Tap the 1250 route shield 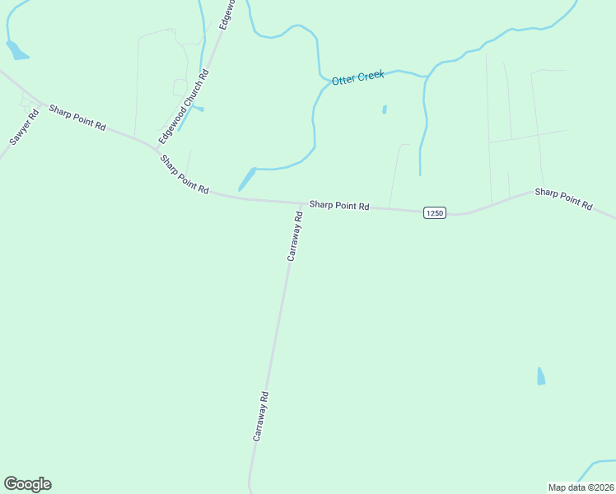pos(435,213)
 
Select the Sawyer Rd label pos(24,128)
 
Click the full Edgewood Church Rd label pos(184,103)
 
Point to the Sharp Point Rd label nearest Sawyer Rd pos(77,117)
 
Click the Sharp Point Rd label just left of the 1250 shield pos(338,205)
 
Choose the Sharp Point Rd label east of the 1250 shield pos(563,198)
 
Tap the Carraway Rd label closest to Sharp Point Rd pos(295,236)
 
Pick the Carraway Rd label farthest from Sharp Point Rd pos(260,417)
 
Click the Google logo pos(27,484)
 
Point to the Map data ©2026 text pos(580,487)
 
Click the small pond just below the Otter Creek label pos(385,109)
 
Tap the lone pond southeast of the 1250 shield pos(540,376)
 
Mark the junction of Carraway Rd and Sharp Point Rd pos(301,203)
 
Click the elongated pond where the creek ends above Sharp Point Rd pos(246,179)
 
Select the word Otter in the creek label pos(343,80)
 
